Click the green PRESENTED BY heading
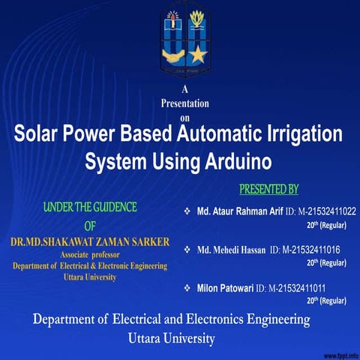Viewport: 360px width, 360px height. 268,187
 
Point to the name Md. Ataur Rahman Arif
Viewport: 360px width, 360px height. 239,212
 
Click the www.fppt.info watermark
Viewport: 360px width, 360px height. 340,354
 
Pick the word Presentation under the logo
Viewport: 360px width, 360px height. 185,103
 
